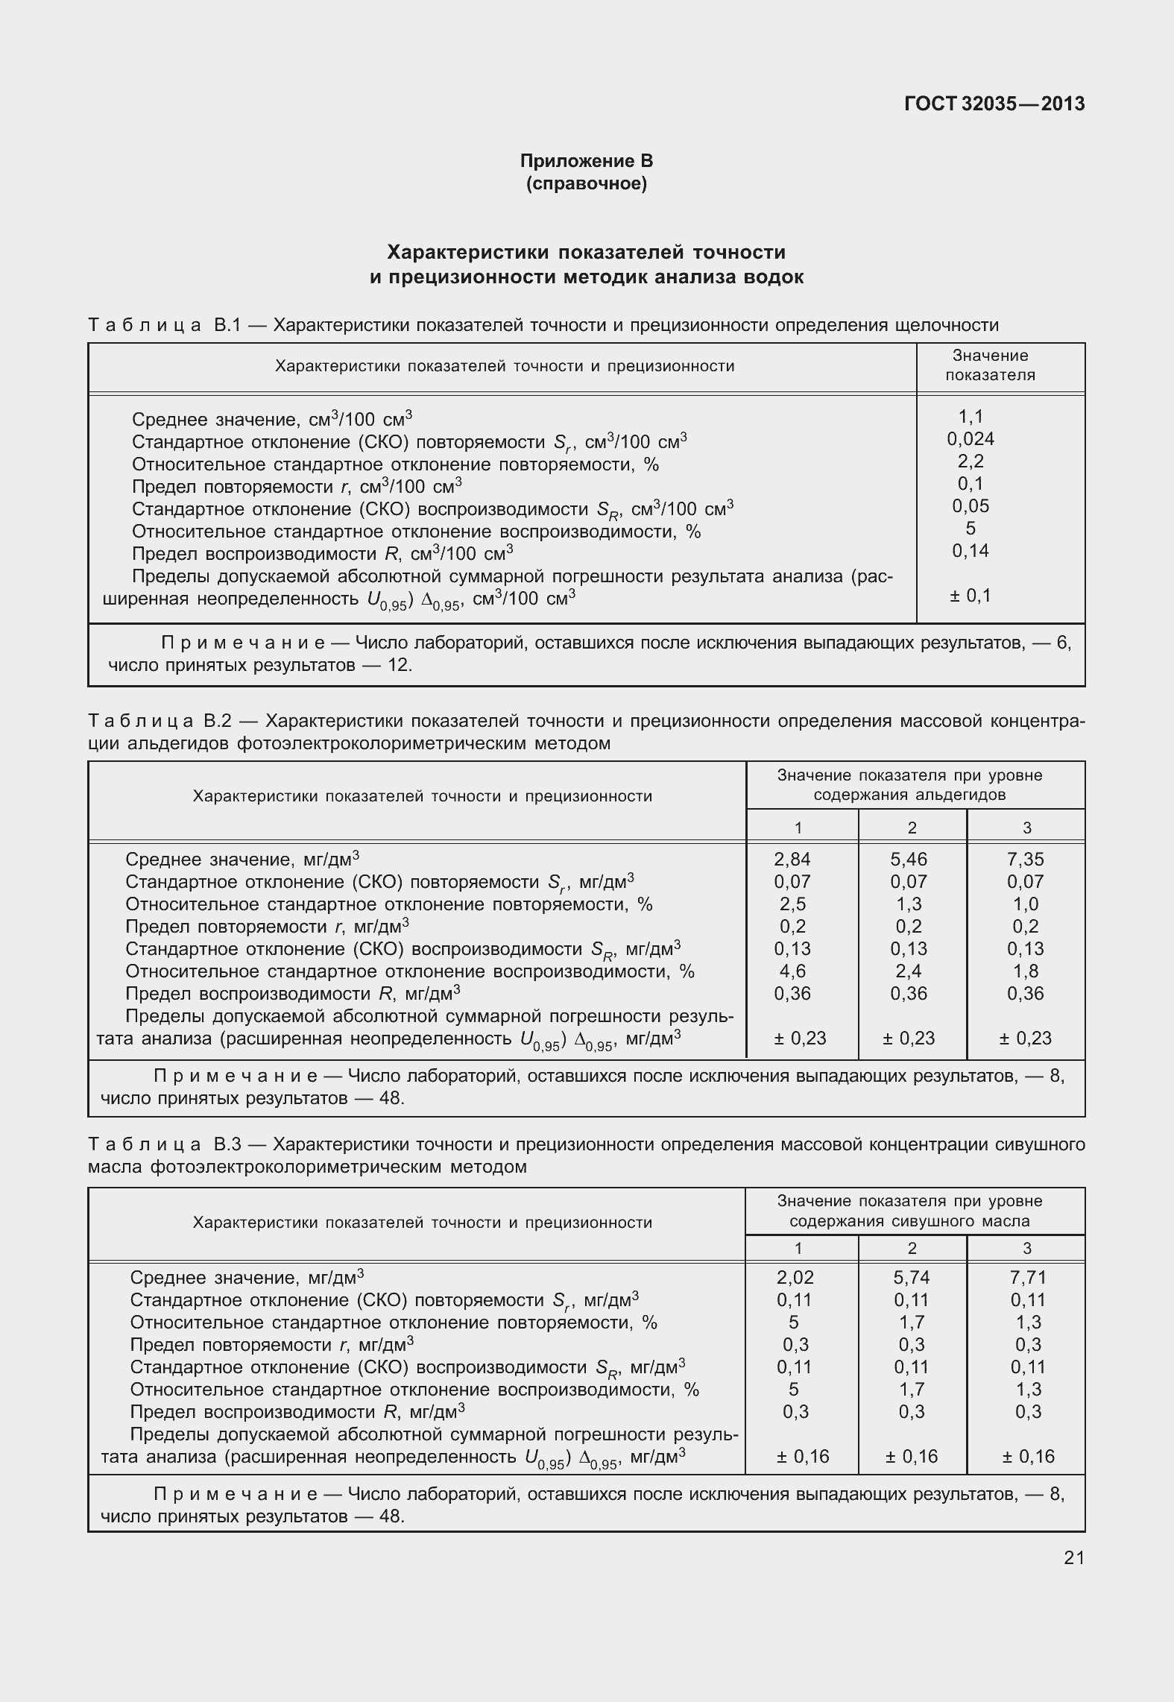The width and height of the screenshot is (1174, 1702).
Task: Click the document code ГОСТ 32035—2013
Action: [994, 104]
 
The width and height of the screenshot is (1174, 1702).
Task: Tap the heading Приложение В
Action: [586, 160]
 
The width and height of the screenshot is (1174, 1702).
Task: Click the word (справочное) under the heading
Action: [586, 183]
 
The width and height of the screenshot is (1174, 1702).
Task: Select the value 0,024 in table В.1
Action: [971, 438]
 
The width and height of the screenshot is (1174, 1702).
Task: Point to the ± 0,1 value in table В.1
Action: [971, 596]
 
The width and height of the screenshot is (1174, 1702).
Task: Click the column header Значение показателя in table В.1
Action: [991, 365]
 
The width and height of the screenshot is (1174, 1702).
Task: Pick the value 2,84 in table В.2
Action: [792, 859]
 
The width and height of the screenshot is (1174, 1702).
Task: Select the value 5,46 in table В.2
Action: [909, 859]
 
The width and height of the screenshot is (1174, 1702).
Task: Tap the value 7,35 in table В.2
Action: [1025, 859]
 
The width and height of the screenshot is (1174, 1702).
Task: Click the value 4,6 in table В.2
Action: [790, 971]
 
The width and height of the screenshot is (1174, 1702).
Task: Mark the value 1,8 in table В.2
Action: [1026, 971]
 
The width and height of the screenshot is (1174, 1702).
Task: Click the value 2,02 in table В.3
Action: [795, 1277]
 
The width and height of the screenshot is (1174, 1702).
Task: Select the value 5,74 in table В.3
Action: [912, 1277]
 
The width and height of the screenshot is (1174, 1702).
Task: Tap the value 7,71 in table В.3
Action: [1028, 1277]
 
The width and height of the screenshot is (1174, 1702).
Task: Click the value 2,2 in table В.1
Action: [971, 461]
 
